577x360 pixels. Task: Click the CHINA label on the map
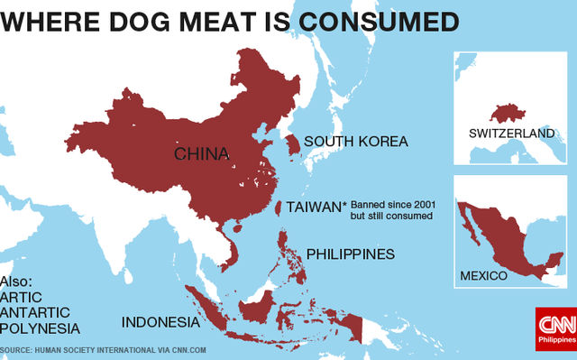tap(201, 153)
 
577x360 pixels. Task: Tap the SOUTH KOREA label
tap(355, 142)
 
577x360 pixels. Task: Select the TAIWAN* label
tap(316, 208)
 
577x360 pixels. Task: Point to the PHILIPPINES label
tap(351, 254)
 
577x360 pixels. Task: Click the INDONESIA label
tap(160, 322)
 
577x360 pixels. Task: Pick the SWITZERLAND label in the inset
tap(511, 134)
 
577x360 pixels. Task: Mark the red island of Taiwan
tap(277, 207)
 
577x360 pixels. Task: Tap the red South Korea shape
tap(292, 145)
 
